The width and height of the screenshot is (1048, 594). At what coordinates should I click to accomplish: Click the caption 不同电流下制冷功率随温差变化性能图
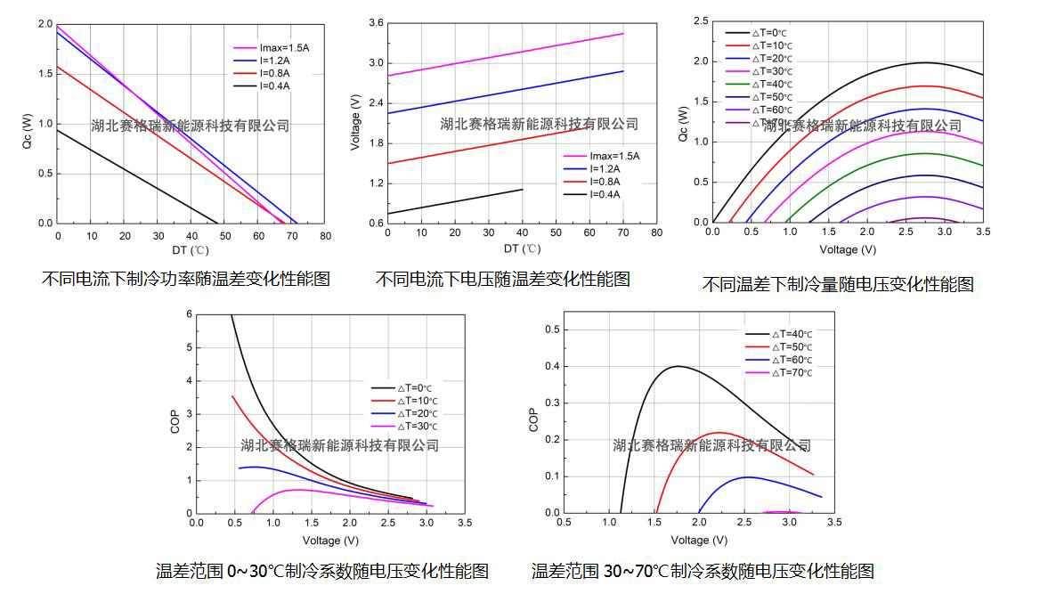(x=185, y=279)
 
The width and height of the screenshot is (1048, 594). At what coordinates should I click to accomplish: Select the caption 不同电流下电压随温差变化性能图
(x=503, y=280)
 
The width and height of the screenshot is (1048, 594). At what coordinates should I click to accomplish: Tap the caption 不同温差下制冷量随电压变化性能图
(x=838, y=284)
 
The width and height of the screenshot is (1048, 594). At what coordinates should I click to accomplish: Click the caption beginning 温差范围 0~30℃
(x=321, y=571)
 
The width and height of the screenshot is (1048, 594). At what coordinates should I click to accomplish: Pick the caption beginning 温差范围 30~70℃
(x=703, y=571)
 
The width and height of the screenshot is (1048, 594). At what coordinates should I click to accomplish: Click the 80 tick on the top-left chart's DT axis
(x=326, y=236)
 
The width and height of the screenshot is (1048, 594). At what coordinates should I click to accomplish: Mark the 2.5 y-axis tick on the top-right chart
(x=701, y=20)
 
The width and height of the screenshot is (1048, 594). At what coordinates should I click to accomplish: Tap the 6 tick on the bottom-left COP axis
(x=189, y=314)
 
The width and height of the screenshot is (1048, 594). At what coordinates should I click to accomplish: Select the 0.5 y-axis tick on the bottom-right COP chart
(x=551, y=330)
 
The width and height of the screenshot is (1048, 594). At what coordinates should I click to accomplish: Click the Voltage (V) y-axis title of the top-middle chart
(x=355, y=122)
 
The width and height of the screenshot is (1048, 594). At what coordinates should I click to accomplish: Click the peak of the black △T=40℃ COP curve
(x=678, y=366)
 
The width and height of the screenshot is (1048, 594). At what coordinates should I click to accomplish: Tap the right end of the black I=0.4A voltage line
(x=522, y=189)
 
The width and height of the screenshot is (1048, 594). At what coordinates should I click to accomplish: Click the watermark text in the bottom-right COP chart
(x=711, y=445)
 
